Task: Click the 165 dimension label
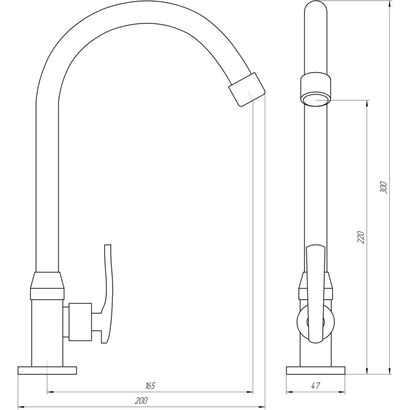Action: [150, 386]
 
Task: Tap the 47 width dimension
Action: [315, 386]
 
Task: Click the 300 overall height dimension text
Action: [383, 187]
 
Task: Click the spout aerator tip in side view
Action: [246, 89]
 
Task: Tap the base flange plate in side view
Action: [47, 370]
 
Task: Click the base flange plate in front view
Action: [315, 370]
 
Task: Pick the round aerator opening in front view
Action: [316, 100]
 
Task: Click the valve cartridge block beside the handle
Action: [80, 322]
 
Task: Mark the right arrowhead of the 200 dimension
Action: [262, 407]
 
